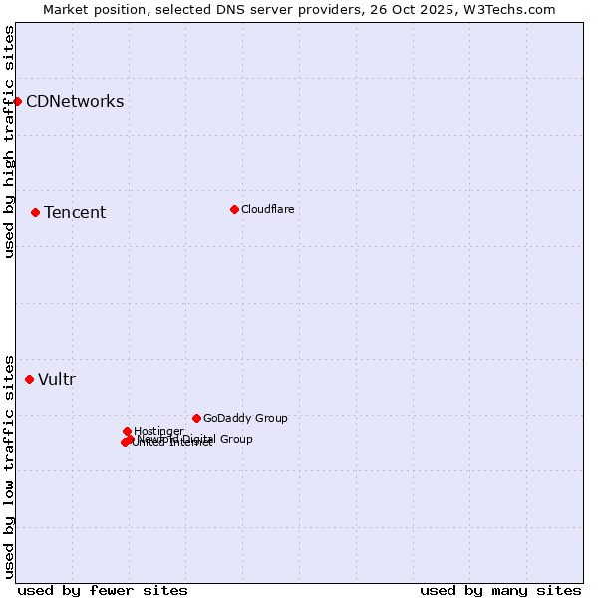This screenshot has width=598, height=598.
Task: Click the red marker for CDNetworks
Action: tap(17, 101)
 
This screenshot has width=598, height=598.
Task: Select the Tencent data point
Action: tap(35, 212)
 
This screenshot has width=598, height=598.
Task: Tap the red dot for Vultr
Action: tap(29, 379)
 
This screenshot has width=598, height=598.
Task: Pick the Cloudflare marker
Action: tap(234, 209)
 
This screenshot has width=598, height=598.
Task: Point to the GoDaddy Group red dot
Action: tap(196, 418)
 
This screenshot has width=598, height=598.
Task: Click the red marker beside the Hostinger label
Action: tap(127, 431)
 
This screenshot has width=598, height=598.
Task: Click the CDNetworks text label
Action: tap(75, 101)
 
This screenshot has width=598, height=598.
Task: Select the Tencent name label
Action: tap(75, 212)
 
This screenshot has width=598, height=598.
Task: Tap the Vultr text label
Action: tap(57, 379)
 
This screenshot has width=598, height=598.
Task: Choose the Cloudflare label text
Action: tap(267, 209)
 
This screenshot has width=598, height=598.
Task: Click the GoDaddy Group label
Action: tap(245, 418)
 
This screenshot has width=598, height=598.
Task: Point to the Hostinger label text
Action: tap(158, 431)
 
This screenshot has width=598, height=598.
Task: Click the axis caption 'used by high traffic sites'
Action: tap(9, 142)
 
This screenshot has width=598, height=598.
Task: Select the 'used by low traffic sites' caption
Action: tap(9, 465)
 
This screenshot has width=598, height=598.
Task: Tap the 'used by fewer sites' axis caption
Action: tap(103, 590)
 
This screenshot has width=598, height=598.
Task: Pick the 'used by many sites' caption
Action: tap(500, 590)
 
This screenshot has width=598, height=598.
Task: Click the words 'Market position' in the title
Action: tap(91, 9)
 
